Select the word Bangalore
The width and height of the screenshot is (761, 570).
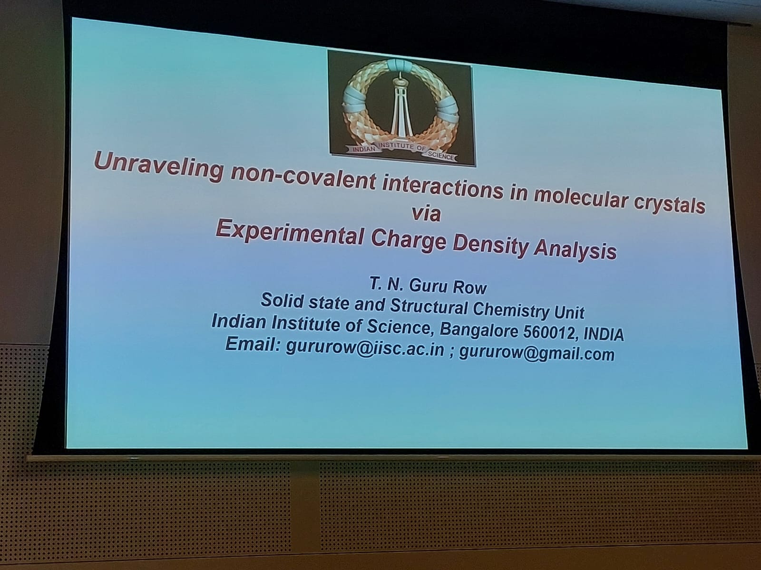click(479, 330)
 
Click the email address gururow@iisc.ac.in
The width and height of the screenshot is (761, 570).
click(365, 349)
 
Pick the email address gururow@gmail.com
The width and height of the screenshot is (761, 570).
click(537, 354)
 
